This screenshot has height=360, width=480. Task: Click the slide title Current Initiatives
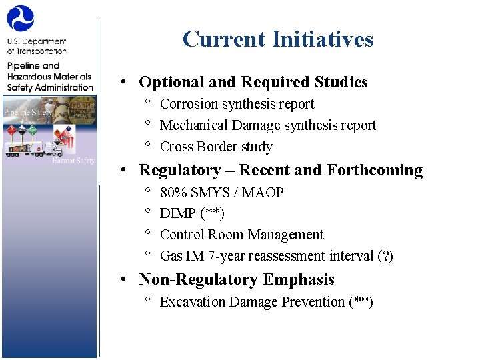point(278,39)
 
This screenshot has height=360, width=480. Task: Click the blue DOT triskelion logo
point(21,19)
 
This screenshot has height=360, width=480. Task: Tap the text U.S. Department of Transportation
point(37,46)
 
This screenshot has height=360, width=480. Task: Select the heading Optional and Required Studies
point(253,82)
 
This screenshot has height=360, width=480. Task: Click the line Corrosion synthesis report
point(237,104)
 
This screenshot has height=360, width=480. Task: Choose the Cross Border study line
point(216,147)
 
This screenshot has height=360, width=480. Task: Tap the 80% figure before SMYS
point(173,193)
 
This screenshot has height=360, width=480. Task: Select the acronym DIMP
point(178,213)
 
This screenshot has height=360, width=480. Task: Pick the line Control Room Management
point(241,235)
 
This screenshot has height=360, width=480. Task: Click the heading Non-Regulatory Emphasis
point(236,279)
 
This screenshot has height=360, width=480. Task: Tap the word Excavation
point(192,302)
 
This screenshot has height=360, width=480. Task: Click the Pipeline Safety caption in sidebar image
point(28,112)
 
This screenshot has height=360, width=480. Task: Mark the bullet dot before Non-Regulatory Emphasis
point(124,280)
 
